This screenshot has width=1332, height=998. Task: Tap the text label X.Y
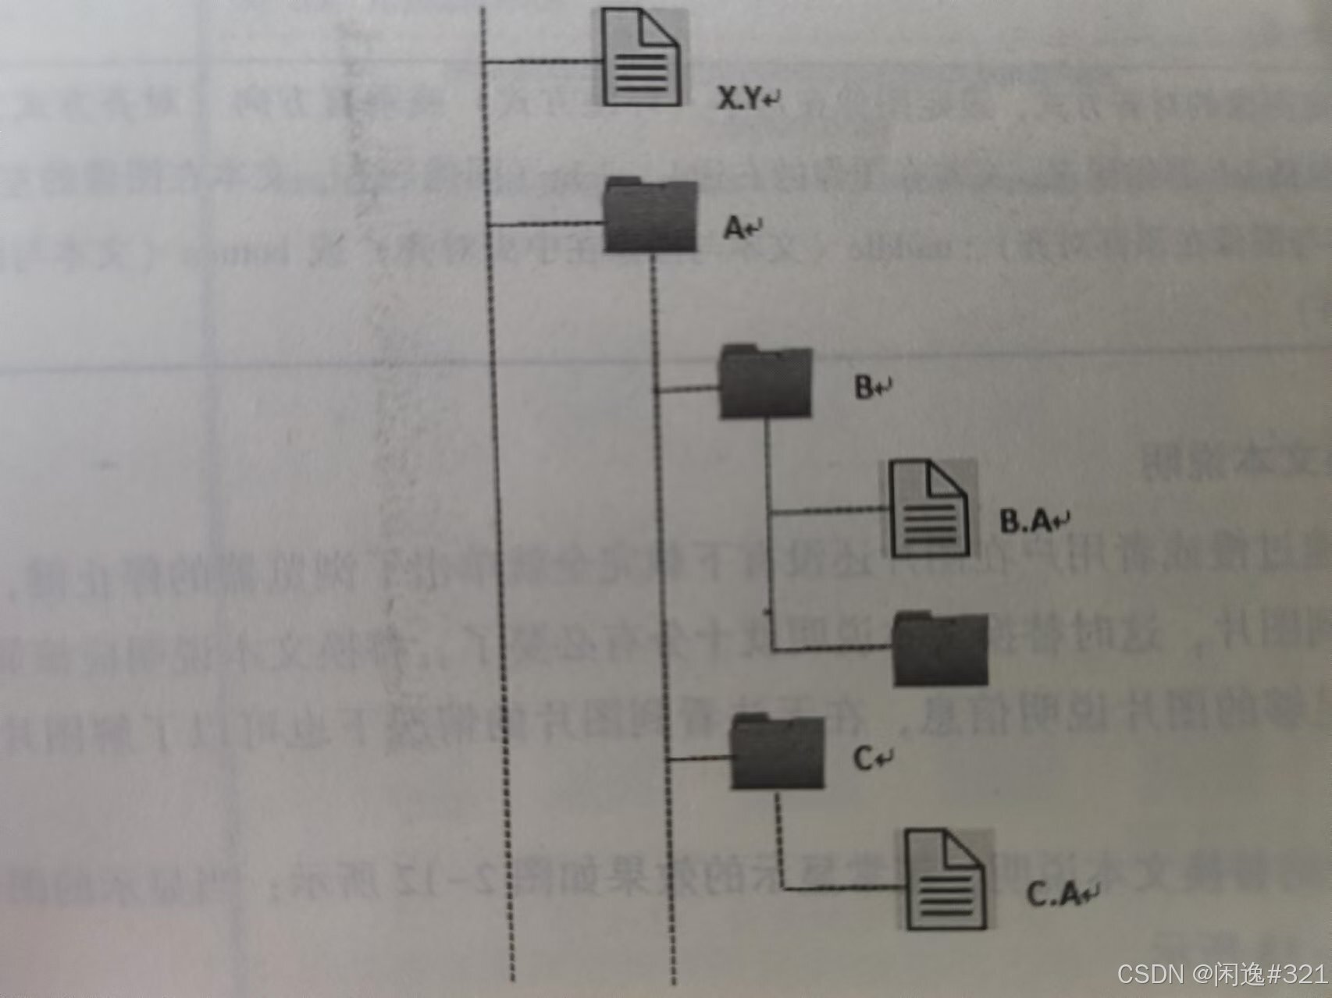[x=739, y=98]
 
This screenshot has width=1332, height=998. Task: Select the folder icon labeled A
[x=650, y=217]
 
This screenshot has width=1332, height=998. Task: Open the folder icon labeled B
[x=765, y=382]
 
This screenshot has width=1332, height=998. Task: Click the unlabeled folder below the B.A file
[x=940, y=650]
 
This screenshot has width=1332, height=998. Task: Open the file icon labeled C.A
[x=946, y=880]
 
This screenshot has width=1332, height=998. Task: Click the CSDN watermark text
[x=1221, y=974]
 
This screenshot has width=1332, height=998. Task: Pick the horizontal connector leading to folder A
[x=547, y=225]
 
